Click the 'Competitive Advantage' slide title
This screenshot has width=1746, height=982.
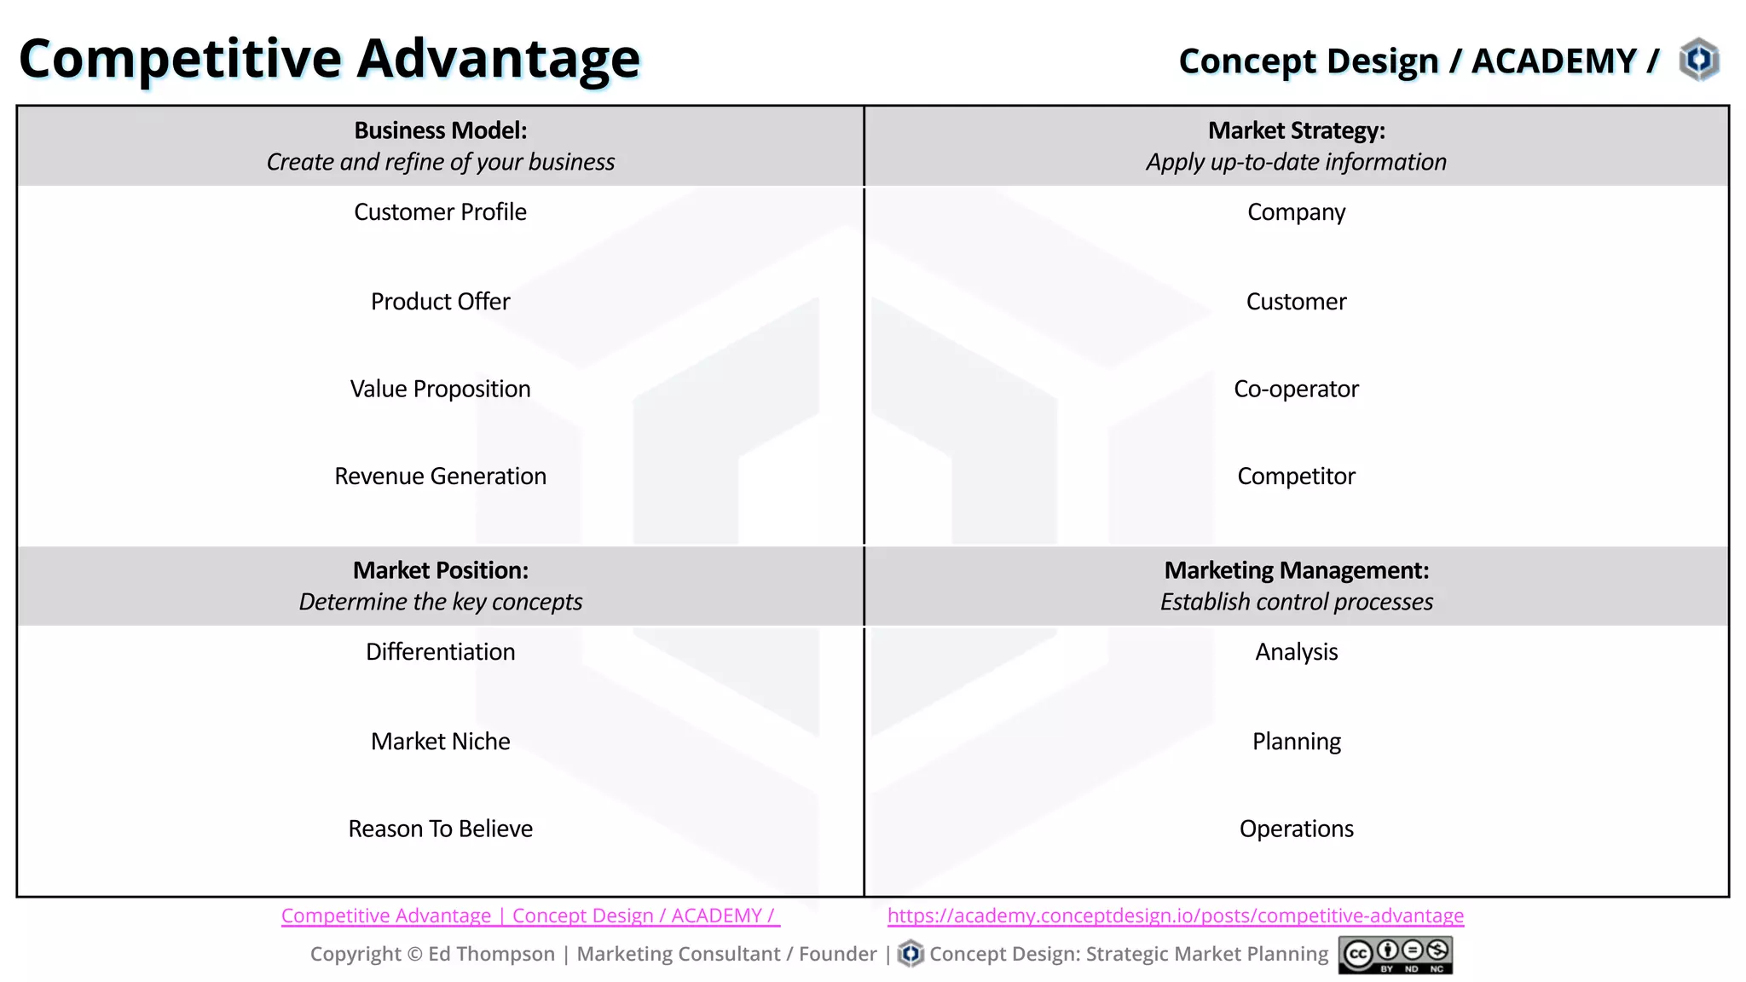click(x=329, y=60)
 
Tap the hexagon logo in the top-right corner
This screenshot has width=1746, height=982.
click(x=1698, y=60)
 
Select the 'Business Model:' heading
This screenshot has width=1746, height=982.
click(x=440, y=130)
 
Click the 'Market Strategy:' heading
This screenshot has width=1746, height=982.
click(x=1296, y=130)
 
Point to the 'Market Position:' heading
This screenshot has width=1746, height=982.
click(x=440, y=570)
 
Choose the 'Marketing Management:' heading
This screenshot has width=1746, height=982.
click(x=1296, y=570)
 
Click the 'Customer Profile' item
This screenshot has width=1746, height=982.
click(x=440, y=212)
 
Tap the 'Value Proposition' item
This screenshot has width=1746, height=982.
click(x=440, y=390)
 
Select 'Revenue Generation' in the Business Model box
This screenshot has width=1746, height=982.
click(x=440, y=477)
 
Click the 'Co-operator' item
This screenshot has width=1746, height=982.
click(x=1296, y=390)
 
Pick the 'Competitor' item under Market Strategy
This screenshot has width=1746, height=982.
click(x=1296, y=477)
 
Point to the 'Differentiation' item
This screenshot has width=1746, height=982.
click(x=440, y=652)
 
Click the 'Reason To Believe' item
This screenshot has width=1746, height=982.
click(x=440, y=829)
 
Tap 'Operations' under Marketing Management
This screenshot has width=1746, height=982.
click(x=1296, y=829)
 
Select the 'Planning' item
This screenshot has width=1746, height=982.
click(x=1296, y=742)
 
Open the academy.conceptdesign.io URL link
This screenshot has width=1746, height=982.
click(x=1175, y=916)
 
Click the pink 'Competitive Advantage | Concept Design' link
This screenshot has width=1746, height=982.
click(x=529, y=916)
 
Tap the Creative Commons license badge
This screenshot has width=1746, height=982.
click(x=1395, y=955)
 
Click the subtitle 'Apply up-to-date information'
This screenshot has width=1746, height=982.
click(x=1296, y=162)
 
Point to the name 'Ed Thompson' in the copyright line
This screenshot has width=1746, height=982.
click(x=491, y=955)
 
